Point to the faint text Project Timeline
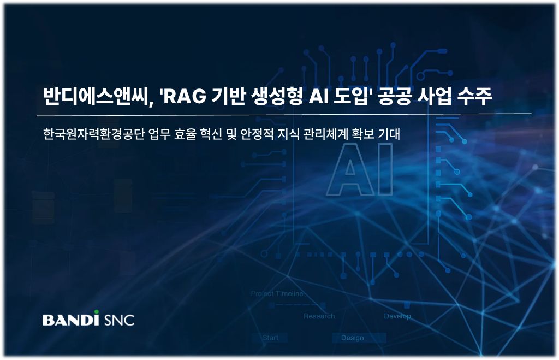[x=277, y=294]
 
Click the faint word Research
[x=319, y=316]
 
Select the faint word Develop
[x=397, y=316]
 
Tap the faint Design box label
[x=352, y=338]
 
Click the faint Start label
[x=270, y=338]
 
